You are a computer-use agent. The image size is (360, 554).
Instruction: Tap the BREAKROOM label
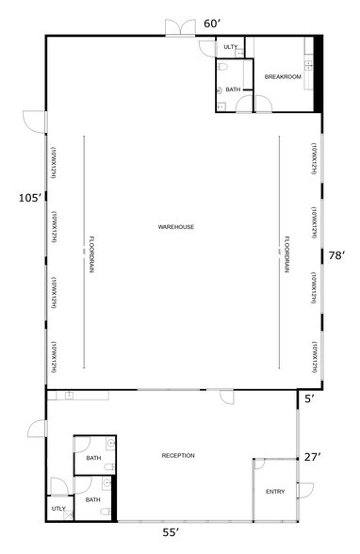click(283, 77)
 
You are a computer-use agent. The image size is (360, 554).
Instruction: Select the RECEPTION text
click(178, 456)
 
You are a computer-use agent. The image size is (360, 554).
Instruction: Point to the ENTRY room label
click(274, 491)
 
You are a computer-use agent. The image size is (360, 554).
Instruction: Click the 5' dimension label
click(308, 398)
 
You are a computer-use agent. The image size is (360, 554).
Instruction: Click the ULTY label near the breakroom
click(231, 47)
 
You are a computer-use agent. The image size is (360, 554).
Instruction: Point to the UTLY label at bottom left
click(58, 510)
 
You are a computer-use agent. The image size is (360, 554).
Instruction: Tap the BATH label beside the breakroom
click(233, 90)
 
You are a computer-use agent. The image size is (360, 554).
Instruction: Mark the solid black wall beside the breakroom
click(319, 73)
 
